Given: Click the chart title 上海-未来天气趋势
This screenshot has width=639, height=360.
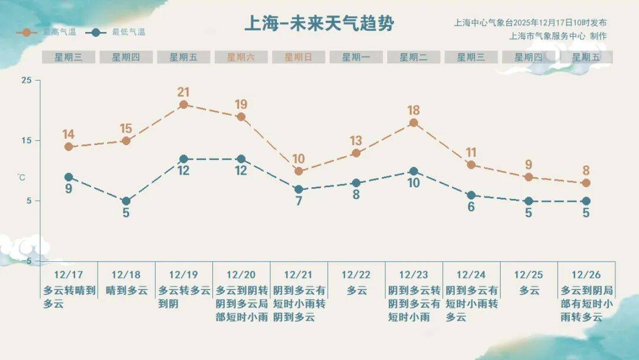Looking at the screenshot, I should point(319,24).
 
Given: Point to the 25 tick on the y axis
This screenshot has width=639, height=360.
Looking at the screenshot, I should point(27,80).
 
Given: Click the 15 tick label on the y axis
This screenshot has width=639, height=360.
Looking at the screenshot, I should point(27,140).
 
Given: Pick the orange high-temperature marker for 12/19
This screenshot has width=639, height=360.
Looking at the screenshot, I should point(183,105).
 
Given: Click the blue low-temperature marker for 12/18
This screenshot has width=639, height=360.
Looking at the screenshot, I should point(126,201).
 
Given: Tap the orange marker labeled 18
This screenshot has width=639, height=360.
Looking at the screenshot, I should point(414,123).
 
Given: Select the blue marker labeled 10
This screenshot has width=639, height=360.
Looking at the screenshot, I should point(414,171).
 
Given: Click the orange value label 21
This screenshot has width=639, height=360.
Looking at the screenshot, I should point(183,92).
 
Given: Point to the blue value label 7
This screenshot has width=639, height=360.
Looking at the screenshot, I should point(299,201).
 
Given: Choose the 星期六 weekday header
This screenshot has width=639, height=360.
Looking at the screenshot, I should point(241,57).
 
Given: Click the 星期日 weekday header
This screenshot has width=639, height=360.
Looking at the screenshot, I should point(298,57).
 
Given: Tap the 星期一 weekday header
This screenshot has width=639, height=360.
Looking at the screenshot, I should point(356,57).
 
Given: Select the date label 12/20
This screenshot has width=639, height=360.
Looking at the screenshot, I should point(241,275).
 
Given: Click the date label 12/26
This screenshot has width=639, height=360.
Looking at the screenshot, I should point(586,275).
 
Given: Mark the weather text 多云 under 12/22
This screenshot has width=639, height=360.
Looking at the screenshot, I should point(356,291).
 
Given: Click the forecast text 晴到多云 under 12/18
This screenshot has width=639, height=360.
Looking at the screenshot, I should point(126,291).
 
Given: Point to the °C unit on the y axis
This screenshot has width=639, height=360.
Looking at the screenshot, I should point(22,176).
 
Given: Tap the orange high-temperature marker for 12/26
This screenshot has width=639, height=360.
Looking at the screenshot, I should point(586,183).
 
